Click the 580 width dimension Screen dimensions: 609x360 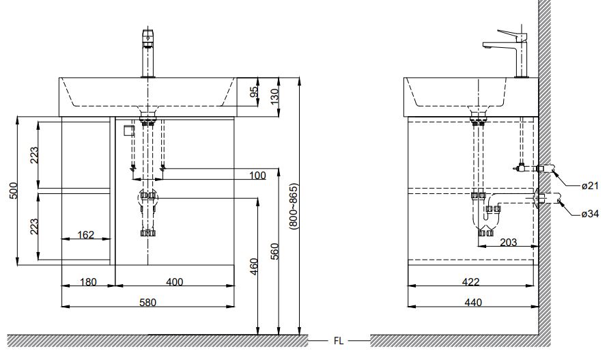pos(147,302)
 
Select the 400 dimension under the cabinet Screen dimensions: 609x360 pos(174,281)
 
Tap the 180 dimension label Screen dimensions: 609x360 pos(88,281)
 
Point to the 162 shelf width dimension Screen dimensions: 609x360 pos(85,235)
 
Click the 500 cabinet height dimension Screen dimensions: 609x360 pos(13,191)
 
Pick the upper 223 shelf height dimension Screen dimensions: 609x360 pos(35,155)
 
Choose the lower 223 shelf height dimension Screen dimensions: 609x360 pos(35,227)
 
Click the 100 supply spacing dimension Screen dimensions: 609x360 pos(257,176)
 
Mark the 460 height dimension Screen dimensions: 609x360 pos(253,266)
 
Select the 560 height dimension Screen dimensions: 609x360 pos(274,251)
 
